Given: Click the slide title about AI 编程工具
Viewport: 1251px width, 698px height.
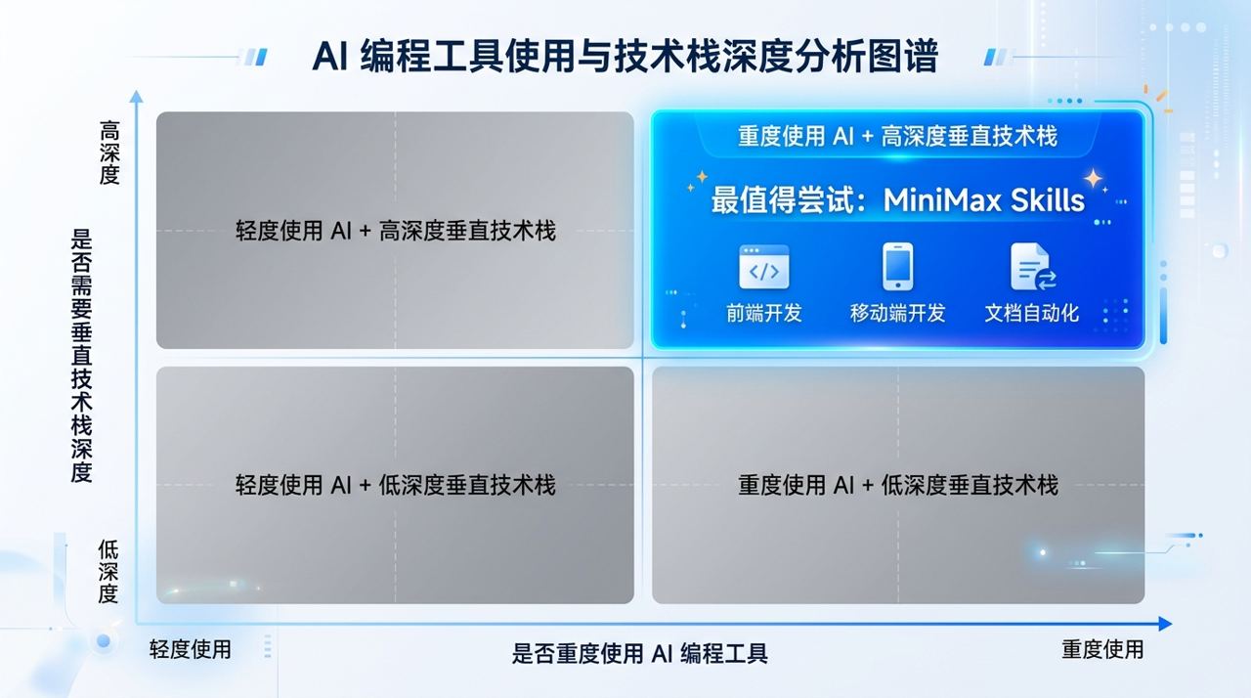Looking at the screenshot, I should pyautogui.click(x=625, y=56).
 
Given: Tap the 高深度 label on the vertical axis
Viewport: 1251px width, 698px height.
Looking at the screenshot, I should pyautogui.click(x=108, y=153).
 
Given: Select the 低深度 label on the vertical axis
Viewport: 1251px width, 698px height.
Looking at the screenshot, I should pyautogui.click(x=108, y=571).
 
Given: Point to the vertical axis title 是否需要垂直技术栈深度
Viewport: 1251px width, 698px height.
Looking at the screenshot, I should pyautogui.click(x=83, y=356).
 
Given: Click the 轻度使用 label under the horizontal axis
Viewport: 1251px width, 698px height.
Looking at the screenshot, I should pyautogui.click(x=191, y=649).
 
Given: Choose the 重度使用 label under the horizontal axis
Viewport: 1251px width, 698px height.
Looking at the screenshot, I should pyautogui.click(x=1102, y=649).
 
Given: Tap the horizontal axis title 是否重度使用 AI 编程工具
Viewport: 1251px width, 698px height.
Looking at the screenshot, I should pyautogui.click(x=640, y=653).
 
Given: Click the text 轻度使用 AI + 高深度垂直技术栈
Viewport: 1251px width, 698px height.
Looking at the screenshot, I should pyautogui.click(x=395, y=231).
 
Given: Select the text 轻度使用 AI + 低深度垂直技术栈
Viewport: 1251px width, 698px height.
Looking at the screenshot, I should pyautogui.click(x=395, y=485).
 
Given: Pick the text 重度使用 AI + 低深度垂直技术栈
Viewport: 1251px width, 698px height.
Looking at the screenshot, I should pyautogui.click(x=897, y=485).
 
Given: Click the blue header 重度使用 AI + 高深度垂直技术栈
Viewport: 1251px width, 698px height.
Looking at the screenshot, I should pyautogui.click(x=897, y=136).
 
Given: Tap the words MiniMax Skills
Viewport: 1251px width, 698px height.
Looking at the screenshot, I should pyautogui.click(x=984, y=200).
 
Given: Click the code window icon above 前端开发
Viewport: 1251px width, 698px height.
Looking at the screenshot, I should pyautogui.click(x=763, y=268).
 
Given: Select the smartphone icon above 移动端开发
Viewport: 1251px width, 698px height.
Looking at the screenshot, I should pyautogui.click(x=897, y=267).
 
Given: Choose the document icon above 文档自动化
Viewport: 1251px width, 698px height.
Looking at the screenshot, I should pyautogui.click(x=1032, y=268).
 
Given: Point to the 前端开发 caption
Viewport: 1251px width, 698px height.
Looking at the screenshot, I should pyautogui.click(x=763, y=313).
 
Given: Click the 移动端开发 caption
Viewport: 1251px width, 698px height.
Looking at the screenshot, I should pyautogui.click(x=897, y=313).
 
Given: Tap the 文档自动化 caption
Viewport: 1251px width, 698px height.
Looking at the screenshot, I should pyautogui.click(x=1032, y=313).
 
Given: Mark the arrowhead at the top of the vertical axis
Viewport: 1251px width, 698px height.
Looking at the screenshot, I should pyautogui.click(x=136, y=97).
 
